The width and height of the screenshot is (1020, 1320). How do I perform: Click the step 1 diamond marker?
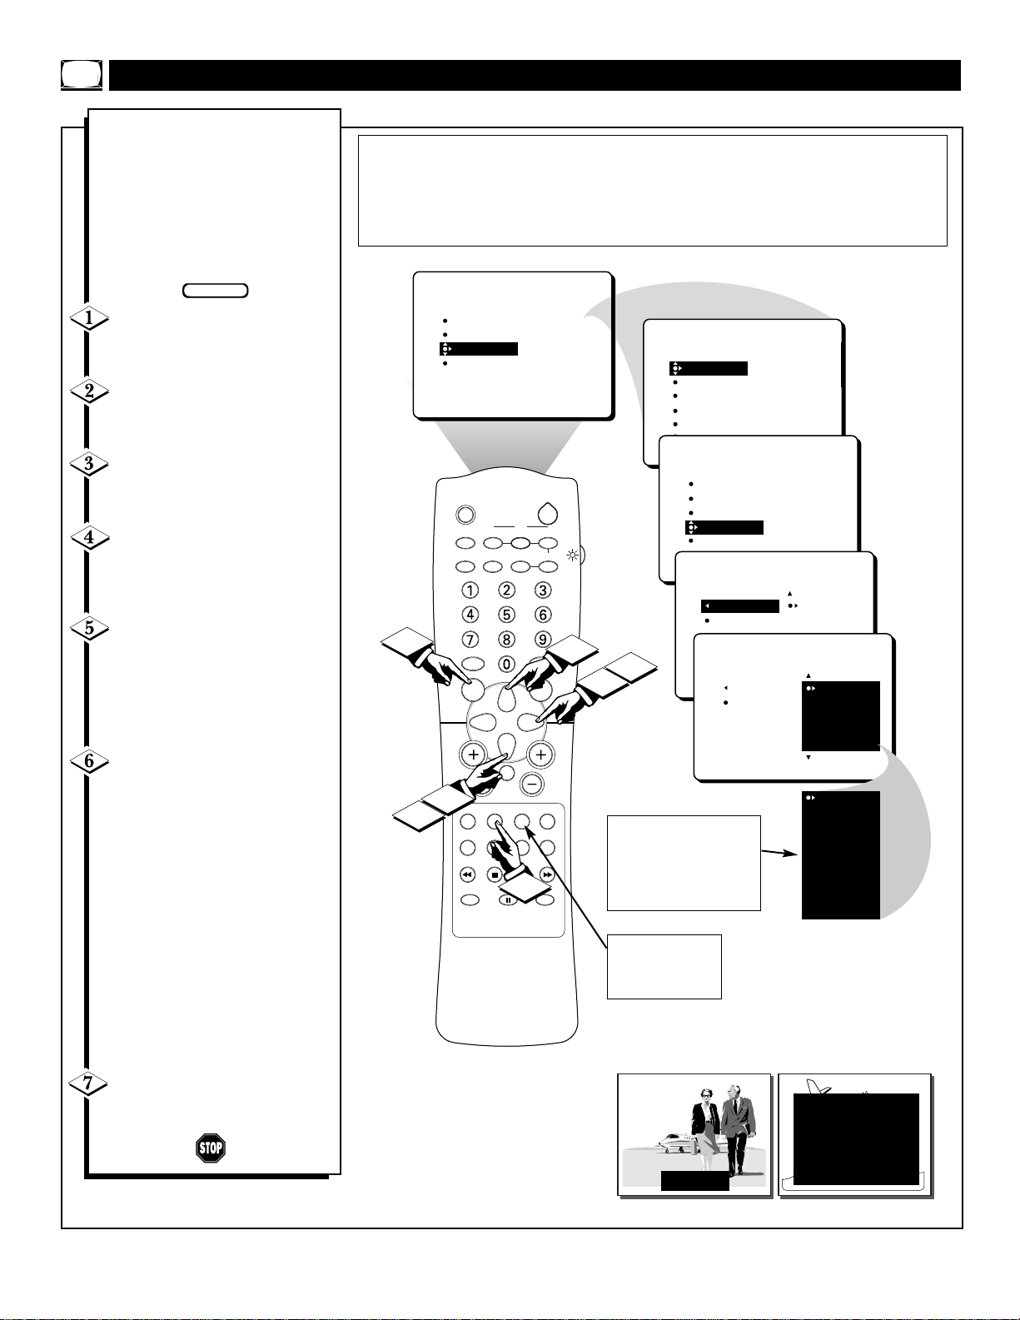click(x=89, y=317)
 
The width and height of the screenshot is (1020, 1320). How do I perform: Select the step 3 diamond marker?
click(x=89, y=464)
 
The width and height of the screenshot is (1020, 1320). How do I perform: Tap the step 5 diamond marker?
click(x=89, y=628)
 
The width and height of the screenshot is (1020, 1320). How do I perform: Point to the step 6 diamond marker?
click(x=89, y=761)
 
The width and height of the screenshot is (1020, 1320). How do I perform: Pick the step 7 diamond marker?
click(x=88, y=1083)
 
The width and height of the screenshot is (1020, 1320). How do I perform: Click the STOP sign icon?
click(x=211, y=1148)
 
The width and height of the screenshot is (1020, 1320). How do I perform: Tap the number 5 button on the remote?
click(x=506, y=615)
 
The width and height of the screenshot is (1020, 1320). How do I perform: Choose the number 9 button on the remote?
click(x=543, y=640)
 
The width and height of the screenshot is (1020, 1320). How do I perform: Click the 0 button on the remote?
click(x=506, y=665)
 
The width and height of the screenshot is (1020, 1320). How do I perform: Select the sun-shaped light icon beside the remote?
click(x=573, y=555)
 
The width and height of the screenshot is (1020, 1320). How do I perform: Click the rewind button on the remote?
click(x=467, y=874)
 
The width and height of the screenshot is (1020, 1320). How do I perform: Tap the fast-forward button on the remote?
click(x=547, y=874)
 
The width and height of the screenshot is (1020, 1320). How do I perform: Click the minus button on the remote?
click(x=532, y=785)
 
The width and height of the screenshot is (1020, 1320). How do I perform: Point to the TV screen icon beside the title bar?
click(x=82, y=75)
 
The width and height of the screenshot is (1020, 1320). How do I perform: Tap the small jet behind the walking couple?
click(x=674, y=1143)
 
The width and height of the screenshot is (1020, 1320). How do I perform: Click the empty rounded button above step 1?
click(x=216, y=291)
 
